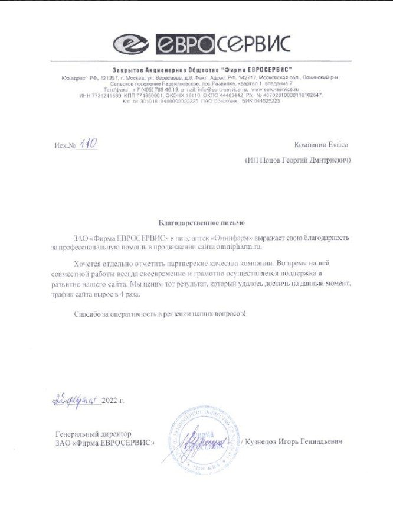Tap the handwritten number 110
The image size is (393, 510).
point(88,144)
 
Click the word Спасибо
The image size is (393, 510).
point(88,313)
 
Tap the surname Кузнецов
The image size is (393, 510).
point(264,442)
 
